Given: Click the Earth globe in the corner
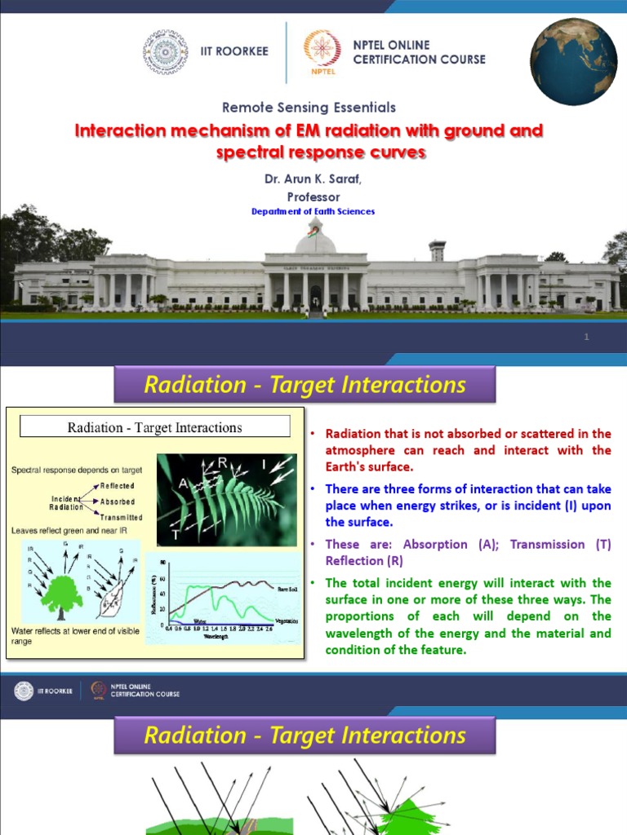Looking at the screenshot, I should [573, 62].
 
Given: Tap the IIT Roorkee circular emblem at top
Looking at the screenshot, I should [165, 52].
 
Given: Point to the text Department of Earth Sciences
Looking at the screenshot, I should [313, 211].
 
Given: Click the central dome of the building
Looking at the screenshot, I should [315, 239].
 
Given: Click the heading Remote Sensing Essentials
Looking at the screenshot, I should [309, 107].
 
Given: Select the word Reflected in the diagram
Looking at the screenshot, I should [117, 486].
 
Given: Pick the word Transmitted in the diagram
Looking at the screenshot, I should [122, 517].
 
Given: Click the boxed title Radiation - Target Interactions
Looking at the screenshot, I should [155, 426].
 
